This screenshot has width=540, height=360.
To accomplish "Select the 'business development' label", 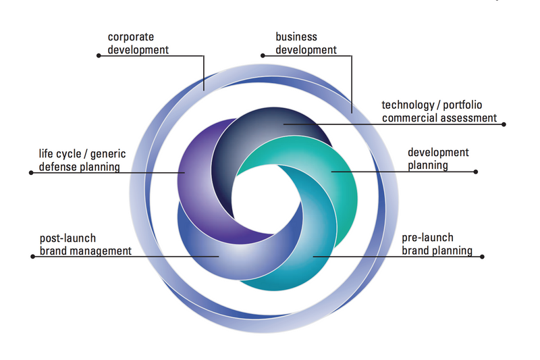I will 306,43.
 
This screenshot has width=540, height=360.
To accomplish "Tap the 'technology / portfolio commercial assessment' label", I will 439,111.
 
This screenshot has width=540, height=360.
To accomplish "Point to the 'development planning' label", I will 438,159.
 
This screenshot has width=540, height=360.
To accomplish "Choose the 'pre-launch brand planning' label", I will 436,245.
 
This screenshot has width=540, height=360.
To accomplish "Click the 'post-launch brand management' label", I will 85,245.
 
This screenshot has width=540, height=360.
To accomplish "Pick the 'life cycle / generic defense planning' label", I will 82,161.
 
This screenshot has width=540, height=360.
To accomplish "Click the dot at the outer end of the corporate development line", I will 99,56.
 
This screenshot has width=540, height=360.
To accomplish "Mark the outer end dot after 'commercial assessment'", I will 504,124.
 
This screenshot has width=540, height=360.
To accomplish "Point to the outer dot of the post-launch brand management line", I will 32,257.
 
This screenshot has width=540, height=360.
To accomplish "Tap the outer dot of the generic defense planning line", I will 31,172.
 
